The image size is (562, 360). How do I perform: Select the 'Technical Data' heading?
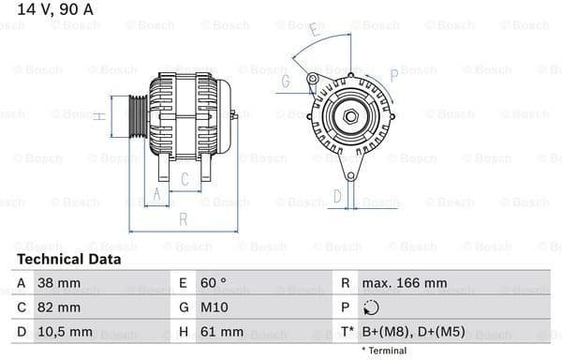[x=68, y=259]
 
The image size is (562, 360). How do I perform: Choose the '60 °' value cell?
[x=213, y=282]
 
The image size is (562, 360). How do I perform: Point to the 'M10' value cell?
[x=211, y=307]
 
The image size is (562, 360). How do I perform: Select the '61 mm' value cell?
[x=221, y=331]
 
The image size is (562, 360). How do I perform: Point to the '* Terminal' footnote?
[x=384, y=351]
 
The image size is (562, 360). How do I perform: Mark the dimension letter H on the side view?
[x=98, y=116]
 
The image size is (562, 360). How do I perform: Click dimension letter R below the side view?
[x=184, y=219]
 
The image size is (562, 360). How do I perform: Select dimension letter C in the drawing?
[x=185, y=178]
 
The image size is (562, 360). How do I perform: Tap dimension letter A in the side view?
[x=157, y=195]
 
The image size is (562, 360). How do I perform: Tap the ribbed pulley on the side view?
[x=135, y=116]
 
